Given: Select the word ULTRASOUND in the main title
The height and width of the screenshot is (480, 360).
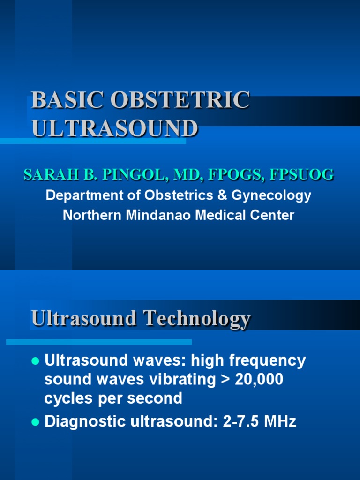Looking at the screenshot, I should tap(115, 127).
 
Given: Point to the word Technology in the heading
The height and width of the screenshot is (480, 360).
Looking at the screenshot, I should tap(197, 319).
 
